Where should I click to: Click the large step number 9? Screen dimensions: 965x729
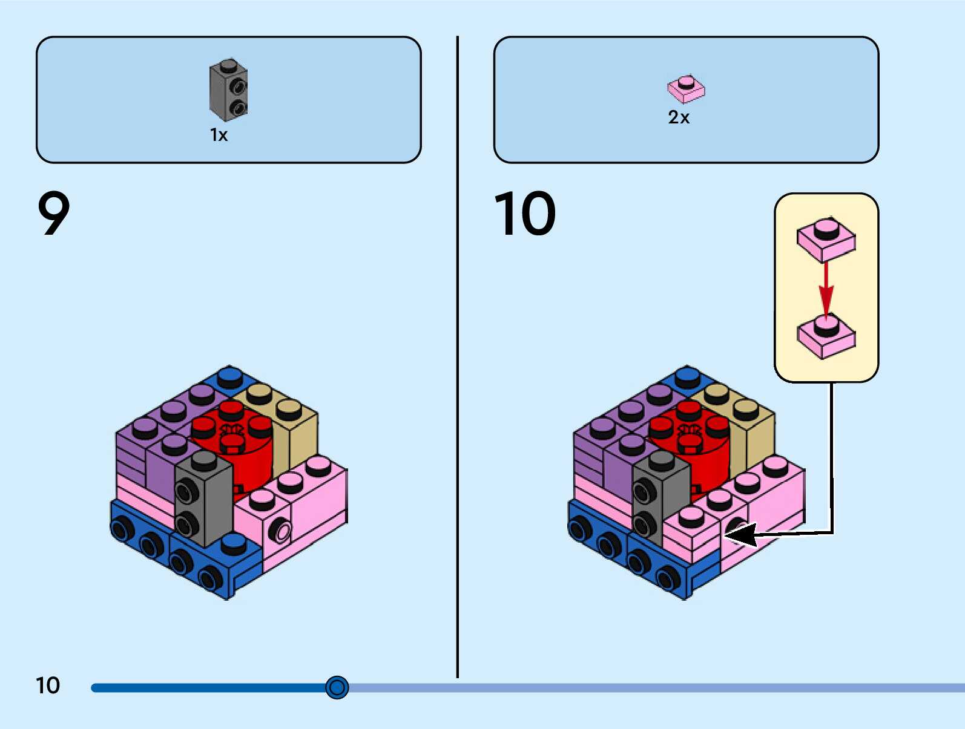54,213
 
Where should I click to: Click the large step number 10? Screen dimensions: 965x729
524,213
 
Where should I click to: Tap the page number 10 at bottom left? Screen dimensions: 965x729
48,685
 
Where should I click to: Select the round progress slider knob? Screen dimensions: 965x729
337,687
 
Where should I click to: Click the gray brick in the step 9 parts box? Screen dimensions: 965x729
228,91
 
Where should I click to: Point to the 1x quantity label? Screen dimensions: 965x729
219,135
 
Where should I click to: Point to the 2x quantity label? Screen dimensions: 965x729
679,117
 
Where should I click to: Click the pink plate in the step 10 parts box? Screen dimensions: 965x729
686,89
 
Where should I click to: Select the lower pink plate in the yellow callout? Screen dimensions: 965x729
826,336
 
